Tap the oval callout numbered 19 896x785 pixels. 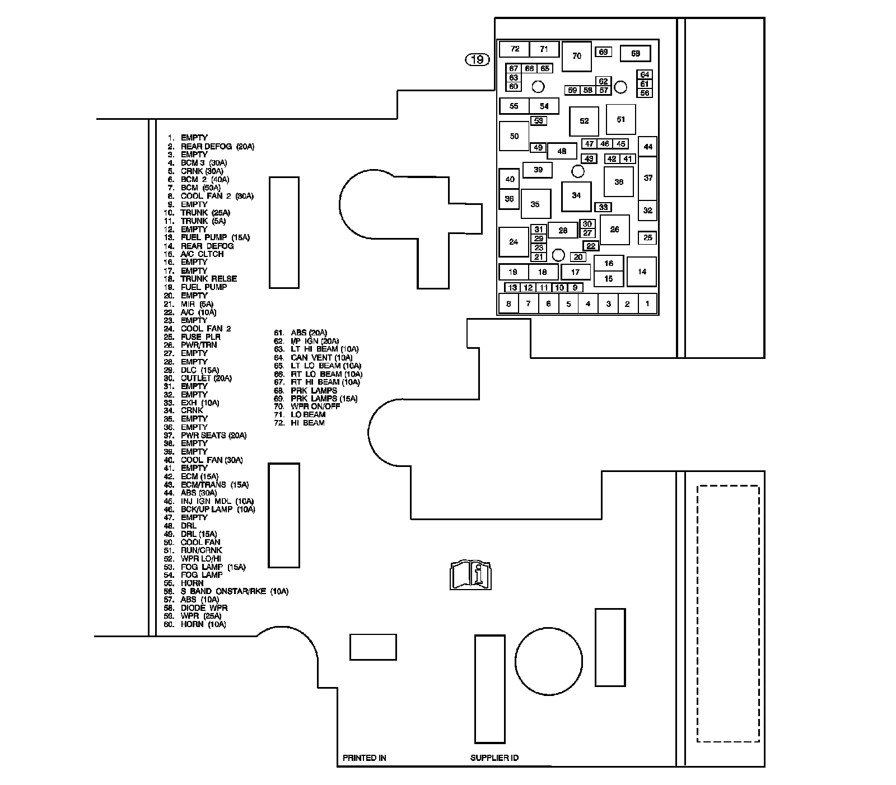click(x=478, y=59)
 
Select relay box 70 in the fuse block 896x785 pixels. click(x=576, y=56)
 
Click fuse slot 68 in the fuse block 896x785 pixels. click(x=635, y=54)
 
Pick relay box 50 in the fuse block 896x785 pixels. click(x=514, y=136)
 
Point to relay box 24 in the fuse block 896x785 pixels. click(x=514, y=242)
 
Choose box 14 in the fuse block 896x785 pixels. click(x=642, y=272)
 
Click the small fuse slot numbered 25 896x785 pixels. click(x=647, y=238)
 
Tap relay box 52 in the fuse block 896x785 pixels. click(x=584, y=121)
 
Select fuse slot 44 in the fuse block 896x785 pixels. click(x=648, y=147)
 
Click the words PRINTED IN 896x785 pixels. click(x=365, y=758)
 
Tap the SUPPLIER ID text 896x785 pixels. click(x=494, y=758)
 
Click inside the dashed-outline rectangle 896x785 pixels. click(x=728, y=613)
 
